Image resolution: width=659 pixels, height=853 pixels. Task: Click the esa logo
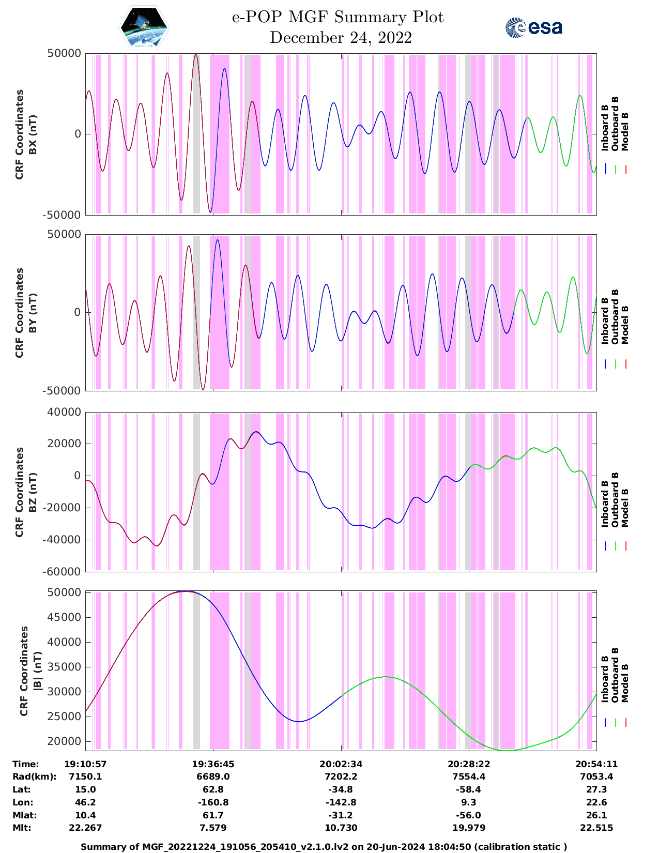coord(534,27)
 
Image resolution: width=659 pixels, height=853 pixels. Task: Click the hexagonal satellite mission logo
coord(144,28)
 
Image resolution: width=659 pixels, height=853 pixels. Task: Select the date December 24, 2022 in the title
coord(341,38)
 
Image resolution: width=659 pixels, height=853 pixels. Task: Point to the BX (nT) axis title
coord(33,134)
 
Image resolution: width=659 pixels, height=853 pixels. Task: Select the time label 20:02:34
coord(341,764)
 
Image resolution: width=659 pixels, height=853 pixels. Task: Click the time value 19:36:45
coord(213,764)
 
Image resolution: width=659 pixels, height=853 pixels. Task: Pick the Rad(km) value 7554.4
coord(468,776)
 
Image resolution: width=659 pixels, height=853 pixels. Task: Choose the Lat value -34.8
coord(341,789)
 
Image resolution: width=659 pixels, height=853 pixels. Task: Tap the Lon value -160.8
coord(213,802)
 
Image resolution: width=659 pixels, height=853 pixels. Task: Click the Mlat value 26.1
coord(596,815)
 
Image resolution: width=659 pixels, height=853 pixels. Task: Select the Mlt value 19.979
coord(468,828)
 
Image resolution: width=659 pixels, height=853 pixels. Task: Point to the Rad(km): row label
coord(34,776)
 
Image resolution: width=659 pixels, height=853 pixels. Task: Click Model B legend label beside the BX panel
coord(625,131)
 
